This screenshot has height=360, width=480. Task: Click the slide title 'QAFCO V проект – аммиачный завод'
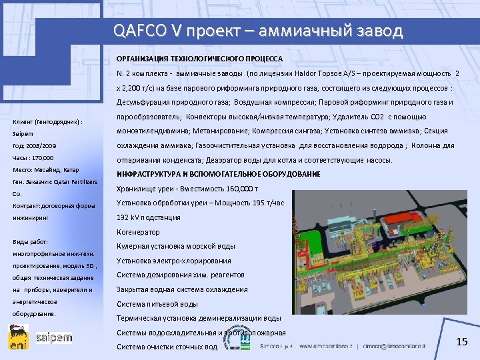258,31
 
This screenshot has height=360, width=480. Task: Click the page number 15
462,342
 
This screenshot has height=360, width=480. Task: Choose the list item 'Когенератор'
138,232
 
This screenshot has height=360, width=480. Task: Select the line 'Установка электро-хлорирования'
174,261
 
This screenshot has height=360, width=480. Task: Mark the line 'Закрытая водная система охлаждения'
182,289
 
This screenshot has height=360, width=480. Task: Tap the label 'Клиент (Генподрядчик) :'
47,122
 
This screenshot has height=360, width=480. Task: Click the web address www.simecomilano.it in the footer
327,347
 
